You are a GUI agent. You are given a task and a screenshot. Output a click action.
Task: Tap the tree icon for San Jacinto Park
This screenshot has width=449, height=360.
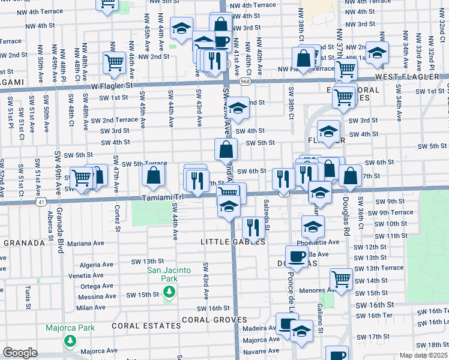click(169, 291)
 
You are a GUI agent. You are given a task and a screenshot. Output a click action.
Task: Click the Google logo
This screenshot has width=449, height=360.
click(20, 353)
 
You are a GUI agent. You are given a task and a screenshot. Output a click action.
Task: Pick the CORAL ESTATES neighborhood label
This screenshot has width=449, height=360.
click(146, 326)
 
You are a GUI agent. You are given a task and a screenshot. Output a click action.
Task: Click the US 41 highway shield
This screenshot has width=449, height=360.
click(40, 203)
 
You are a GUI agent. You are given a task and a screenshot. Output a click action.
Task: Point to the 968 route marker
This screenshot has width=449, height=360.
click(247, 82)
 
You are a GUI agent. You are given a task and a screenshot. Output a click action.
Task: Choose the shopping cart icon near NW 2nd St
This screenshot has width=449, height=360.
click(113, 62)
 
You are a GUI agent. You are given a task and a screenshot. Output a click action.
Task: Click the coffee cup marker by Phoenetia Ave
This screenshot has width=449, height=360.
click(297, 256)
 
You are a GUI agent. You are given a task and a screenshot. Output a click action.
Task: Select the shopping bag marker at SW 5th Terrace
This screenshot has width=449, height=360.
click(154, 175)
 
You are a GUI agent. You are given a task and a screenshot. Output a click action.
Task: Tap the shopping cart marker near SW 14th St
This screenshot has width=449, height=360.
click(341, 278)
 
